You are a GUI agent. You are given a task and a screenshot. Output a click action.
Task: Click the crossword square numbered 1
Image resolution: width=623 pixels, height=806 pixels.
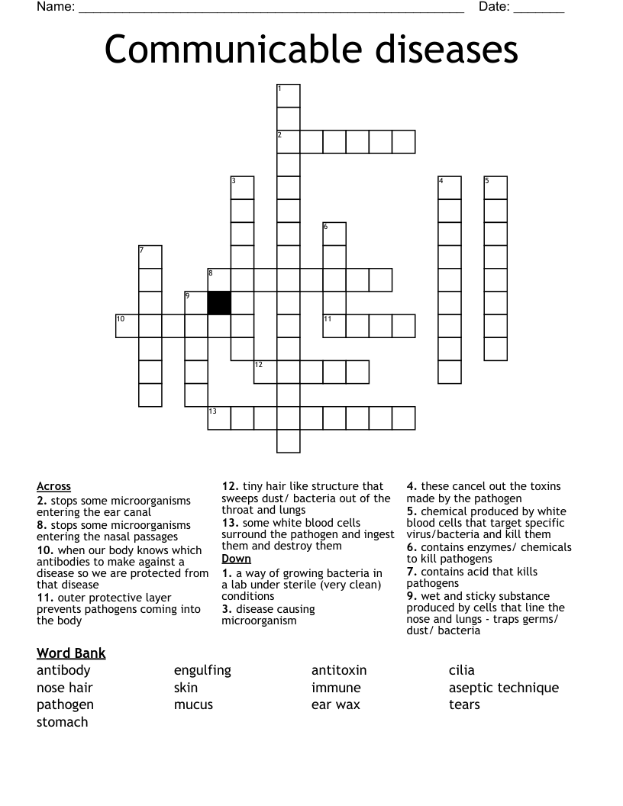click(289, 96)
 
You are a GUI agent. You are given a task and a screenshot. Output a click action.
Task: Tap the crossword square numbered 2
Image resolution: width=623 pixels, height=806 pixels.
click(289, 142)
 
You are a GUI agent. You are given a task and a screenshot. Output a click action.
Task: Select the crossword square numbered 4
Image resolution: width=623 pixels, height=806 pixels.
click(450, 188)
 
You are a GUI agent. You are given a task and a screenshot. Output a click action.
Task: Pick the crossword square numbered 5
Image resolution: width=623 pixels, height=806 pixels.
click(495, 188)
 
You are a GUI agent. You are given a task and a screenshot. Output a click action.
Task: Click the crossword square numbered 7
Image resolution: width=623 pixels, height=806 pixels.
click(150, 257)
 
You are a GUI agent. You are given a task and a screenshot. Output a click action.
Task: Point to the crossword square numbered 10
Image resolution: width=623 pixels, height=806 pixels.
click(128, 326)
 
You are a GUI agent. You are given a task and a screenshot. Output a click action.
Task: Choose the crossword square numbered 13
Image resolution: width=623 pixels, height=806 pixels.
click(220, 418)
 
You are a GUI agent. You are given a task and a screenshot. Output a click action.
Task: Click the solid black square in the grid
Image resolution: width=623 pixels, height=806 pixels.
click(220, 303)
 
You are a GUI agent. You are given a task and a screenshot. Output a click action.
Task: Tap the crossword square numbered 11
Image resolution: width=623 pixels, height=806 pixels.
click(334, 326)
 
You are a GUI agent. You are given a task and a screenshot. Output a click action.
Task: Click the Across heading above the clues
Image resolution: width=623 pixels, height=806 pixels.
click(53, 486)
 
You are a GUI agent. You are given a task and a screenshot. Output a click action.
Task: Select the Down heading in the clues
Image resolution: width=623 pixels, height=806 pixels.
click(236, 559)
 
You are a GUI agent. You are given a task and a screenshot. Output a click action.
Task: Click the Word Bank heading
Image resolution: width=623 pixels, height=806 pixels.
click(71, 653)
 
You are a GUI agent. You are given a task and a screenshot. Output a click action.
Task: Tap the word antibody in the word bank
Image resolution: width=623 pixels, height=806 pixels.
click(63, 670)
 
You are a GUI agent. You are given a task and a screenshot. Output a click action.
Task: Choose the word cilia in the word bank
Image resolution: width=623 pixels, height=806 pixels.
click(462, 670)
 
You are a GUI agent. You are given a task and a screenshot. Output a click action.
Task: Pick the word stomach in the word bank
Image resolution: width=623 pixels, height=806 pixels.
click(63, 722)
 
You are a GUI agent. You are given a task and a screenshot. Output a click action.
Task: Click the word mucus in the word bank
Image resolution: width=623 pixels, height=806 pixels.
click(193, 704)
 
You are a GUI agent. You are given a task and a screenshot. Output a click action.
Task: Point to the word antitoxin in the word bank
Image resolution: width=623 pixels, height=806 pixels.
click(339, 670)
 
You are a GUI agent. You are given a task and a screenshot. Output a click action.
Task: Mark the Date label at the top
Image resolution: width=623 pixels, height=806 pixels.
click(494, 7)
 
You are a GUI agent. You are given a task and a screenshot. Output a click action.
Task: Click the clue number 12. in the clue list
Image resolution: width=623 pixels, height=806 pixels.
click(231, 486)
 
